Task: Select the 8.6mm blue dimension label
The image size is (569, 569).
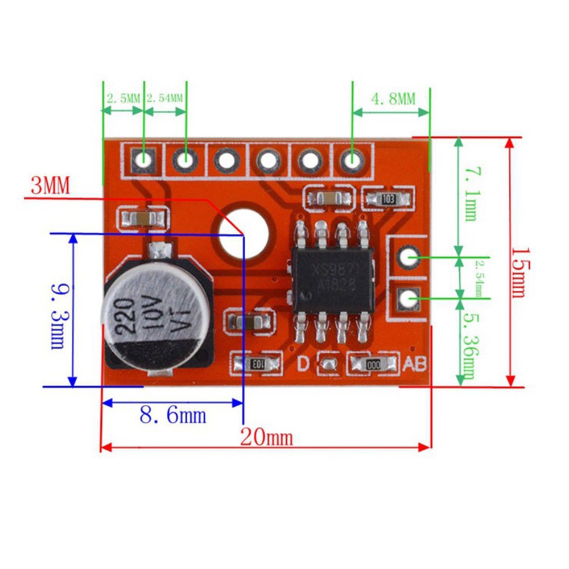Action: [x=173, y=415]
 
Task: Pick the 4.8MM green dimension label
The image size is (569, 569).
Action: [x=393, y=99]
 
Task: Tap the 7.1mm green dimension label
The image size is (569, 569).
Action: [x=471, y=193]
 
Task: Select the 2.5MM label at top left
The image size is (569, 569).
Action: [x=122, y=98]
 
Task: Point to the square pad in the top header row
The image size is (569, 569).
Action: [x=143, y=160]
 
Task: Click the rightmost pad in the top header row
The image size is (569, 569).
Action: [x=352, y=160]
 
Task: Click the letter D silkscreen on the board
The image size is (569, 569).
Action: [x=304, y=362]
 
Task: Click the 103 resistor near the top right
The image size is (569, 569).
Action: [x=389, y=199]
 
